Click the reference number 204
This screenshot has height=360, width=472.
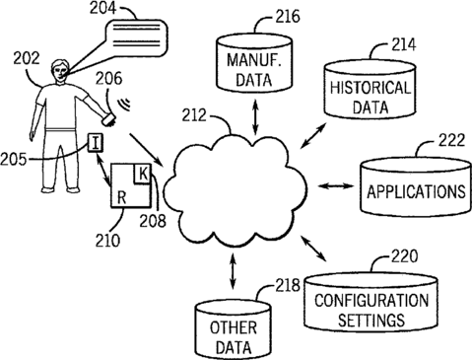pyautogui.click(x=102, y=8)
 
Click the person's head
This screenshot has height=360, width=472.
pyautogui.click(x=59, y=72)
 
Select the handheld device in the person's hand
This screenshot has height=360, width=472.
pyautogui.click(x=108, y=119)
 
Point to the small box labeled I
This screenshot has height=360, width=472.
pyautogui.click(x=96, y=143)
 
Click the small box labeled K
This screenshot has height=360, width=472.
pyautogui.click(x=142, y=174)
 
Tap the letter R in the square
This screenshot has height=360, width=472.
pyautogui.click(x=122, y=197)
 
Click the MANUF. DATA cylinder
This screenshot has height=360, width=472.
pyautogui.click(x=254, y=63)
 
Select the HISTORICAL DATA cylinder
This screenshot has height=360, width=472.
pyautogui.click(x=371, y=90)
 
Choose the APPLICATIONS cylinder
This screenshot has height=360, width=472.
pyautogui.click(x=416, y=187)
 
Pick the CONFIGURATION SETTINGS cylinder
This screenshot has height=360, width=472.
pyautogui.click(x=371, y=301)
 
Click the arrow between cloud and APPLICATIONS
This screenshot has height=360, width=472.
pyautogui.click(x=336, y=186)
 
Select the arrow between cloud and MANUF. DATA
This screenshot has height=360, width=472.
pyautogui.click(x=255, y=116)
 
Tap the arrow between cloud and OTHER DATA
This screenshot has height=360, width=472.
pyautogui.click(x=233, y=271)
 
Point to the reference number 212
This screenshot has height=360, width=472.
pyautogui.click(x=194, y=115)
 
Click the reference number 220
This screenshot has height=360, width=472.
pyautogui.click(x=404, y=256)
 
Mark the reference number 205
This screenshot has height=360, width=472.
pyautogui.click(x=13, y=160)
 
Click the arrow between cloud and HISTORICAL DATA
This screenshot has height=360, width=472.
pyautogui.click(x=314, y=135)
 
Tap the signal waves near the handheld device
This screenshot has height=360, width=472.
pyautogui.click(x=124, y=104)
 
